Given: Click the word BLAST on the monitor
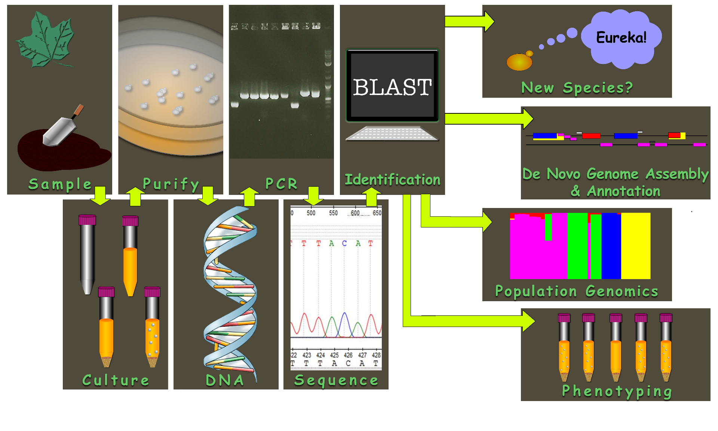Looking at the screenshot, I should pos(392,88).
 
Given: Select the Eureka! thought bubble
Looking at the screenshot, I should pos(621,38).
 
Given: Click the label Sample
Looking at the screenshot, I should pos(60,184).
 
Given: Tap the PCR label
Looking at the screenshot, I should pos(281,184).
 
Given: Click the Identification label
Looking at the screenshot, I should pos(392,180).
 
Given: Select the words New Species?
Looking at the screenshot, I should pos(577,88).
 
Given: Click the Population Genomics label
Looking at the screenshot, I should pos(576,291).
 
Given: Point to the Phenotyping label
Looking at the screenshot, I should pos(617,391).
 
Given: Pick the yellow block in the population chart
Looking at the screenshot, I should pos(636,246).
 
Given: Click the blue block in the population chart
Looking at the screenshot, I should pos(611,246).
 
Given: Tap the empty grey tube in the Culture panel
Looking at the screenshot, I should pos(87,254).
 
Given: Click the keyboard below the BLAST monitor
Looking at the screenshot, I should pos(392,133).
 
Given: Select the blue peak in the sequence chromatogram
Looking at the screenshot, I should pos(344,324).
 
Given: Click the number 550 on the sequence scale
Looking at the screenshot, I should pos(333,213).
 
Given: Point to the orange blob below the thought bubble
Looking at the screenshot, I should pos(519,62).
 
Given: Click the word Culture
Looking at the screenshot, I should pos(116,380).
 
